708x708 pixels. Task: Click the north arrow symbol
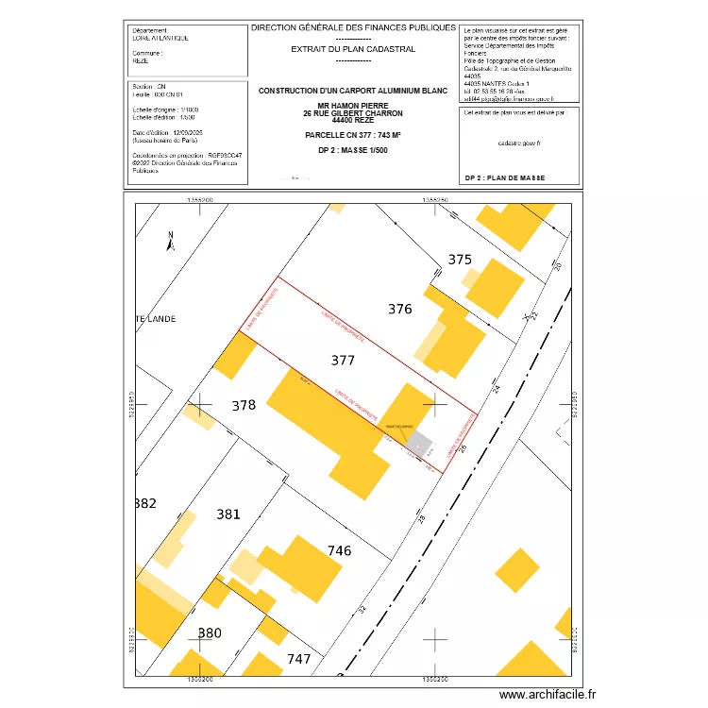pos(170,242)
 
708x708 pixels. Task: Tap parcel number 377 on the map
pos(344,361)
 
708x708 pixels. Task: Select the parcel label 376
pos(400,309)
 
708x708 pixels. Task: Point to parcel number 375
pos(459,260)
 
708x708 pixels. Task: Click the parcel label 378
pos(244,406)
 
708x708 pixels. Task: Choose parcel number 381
pos(228,514)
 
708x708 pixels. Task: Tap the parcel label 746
pos(339,550)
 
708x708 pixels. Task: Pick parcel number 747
pos(298,659)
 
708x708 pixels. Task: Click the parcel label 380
pos(209,632)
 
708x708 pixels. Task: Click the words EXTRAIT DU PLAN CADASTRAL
pos(353,49)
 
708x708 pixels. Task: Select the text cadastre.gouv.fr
pos(518,143)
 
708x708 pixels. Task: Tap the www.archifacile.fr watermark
pos(548,695)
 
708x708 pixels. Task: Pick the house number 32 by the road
pos(362,609)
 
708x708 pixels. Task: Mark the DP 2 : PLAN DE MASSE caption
pos(506,177)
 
